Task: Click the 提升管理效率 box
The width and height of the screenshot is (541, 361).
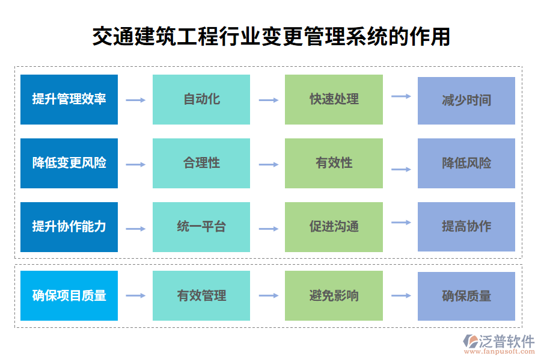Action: tap(69, 99)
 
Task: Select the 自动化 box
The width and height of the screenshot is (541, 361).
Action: tap(201, 99)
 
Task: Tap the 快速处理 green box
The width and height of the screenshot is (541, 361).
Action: tap(334, 99)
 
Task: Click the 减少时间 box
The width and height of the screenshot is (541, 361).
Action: tap(466, 100)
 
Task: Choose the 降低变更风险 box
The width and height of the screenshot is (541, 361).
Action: tap(69, 163)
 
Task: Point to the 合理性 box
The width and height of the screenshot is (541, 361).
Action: tap(201, 163)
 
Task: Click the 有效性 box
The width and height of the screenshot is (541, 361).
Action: tap(334, 163)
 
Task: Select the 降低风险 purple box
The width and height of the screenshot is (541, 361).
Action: tap(466, 163)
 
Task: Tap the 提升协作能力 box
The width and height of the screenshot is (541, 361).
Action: tap(69, 227)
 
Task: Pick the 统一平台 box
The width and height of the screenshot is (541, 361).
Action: tap(201, 227)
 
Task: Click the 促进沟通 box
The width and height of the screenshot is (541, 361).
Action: tap(334, 227)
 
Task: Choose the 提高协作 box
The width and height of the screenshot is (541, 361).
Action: tap(466, 226)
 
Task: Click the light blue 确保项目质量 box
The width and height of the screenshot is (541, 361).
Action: tap(69, 295)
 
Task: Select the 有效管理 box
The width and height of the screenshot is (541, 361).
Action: tap(201, 295)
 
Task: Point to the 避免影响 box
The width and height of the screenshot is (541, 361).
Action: tap(334, 295)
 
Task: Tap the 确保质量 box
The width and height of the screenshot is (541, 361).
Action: tap(466, 295)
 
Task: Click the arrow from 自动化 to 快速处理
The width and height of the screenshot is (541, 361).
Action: tap(268, 100)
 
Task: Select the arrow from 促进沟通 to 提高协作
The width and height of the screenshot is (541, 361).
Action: tap(401, 223)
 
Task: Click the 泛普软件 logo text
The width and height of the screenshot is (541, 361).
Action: tap(507, 341)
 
